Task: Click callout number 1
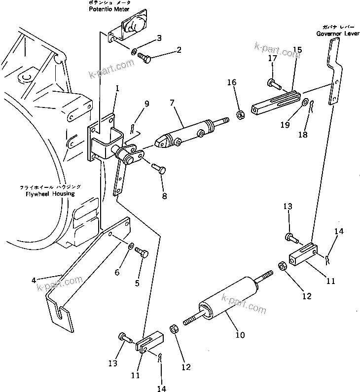[117, 88]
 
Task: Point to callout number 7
[171, 103]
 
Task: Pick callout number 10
[240, 335]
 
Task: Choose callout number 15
[297, 50]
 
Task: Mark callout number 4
[34, 280]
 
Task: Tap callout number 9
[146, 104]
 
